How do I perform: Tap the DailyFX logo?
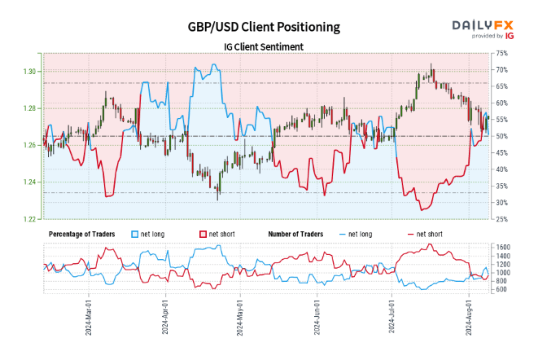[x=483, y=28]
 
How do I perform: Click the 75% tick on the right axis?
[x=501, y=53]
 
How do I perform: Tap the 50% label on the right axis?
[x=501, y=136]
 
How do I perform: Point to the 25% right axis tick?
[x=501, y=219]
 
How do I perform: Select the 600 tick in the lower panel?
[x=501, y=288]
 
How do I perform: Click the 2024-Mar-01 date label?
[x=89, y=319]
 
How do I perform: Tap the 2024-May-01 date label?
[x=240, y=319]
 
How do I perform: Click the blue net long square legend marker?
[x=135, y=234]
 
